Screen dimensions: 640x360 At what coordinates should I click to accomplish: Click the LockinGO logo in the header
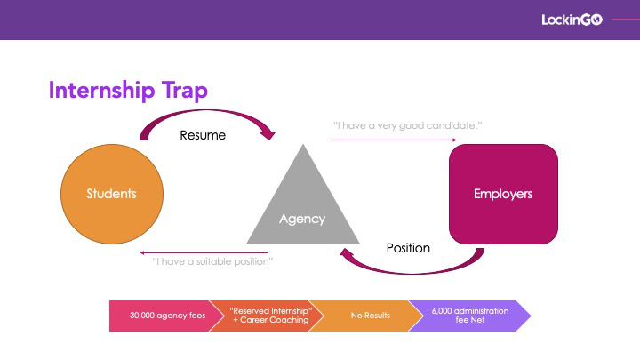pyautogui.click(x=572, y=20)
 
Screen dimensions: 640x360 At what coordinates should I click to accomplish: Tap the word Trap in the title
pyautogui.click(x=185, y=90)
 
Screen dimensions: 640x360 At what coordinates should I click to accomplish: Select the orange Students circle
pyautogui.click(x=112, y=194)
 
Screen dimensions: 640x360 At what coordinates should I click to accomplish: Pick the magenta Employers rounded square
pyautogui.click(x=503, y=194)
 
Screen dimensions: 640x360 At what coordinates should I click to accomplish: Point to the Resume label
pyautogui.click(x=203, y=135)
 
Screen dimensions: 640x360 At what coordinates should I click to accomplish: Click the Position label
pyautogui.click(x=408, y=248)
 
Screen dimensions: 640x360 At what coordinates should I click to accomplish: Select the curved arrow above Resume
pyautogui.click(x=206, y=111)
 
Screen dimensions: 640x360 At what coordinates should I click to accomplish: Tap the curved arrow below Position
pyautogui.click(x=412, y=271)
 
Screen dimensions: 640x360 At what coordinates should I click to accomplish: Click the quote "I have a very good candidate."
pyautogui.click(x=407, y=125)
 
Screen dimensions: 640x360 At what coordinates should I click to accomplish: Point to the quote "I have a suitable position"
pyautogui.click(x=212, y=261)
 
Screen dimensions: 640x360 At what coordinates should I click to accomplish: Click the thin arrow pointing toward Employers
pyautogui.click(x=394, y=140)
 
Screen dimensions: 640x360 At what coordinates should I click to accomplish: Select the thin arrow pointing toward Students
pyautogui.click(x=204, y=253)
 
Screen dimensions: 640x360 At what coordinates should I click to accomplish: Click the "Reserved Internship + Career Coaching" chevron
pyautogui.click(x=267, y=316)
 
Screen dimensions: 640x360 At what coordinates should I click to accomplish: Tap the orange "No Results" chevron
pyautogui.click(x=366, y=316)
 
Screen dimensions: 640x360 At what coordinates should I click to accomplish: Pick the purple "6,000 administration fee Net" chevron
pyautogui.click(x=469, y=316)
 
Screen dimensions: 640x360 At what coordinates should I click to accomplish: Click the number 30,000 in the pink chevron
pyautogui.click(x=142, y=316)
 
